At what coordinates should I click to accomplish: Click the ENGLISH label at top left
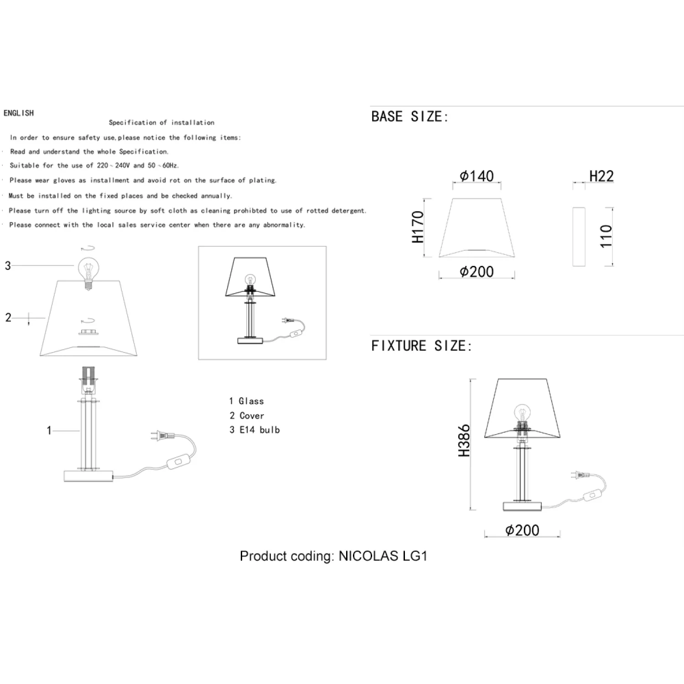coord(19,113)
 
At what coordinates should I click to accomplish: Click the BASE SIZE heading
coord(410,117)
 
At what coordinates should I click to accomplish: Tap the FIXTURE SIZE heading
coord(421,346)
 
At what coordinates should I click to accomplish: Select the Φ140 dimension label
coord(477,176)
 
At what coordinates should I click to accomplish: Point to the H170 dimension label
coord(418,227)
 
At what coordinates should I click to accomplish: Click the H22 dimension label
coord(601,176)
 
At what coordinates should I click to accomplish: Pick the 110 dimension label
coord(606,236)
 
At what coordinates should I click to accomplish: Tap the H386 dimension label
coord(464,440)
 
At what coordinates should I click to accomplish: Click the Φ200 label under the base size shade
coord(477,272)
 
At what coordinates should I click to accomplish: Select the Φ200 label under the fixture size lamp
coord(522,530)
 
